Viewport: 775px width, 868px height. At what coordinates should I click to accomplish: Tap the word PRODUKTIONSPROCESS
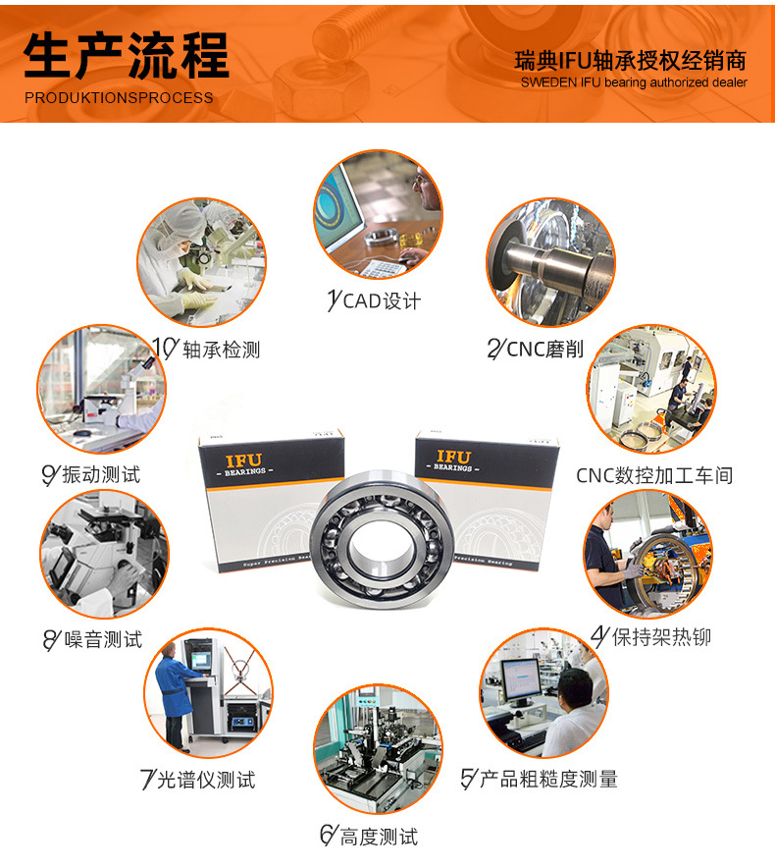tap(118, 98)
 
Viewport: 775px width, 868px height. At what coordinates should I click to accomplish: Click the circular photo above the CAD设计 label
tap(377, 214)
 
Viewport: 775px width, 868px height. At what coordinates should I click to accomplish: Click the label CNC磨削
tap(536, 349)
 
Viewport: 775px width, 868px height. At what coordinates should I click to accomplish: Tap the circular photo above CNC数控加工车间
tap(651, 390)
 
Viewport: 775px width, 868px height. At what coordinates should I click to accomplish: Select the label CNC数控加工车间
tap(654, 476)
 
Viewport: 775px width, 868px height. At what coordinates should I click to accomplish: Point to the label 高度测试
tap(369, 837)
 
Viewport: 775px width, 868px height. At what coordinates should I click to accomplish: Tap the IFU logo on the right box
tap(452, 458)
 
